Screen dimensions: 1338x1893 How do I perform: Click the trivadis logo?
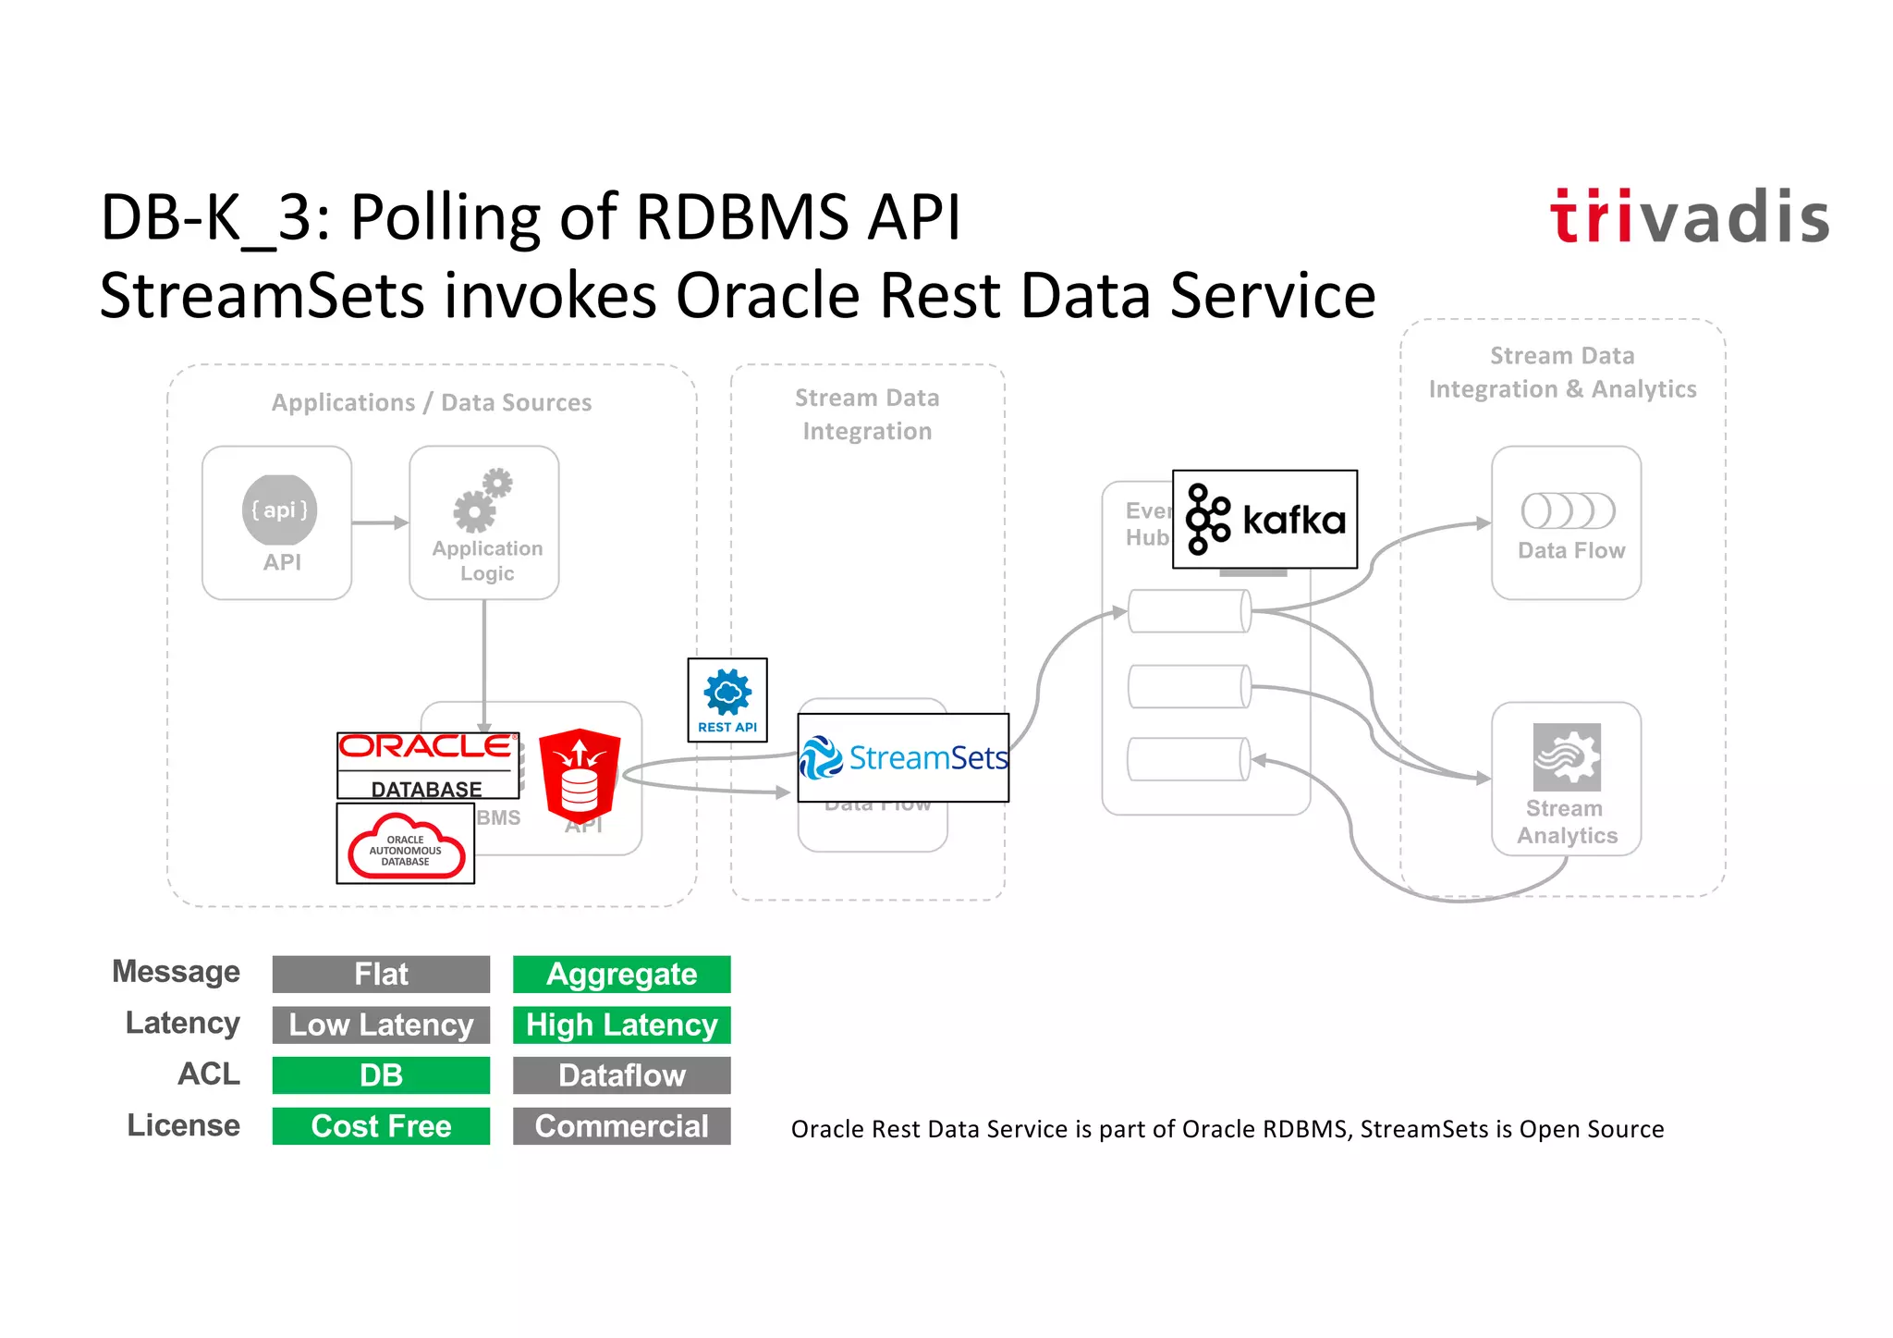coord(1689,216)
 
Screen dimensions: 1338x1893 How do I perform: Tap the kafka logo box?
coord(1264,519)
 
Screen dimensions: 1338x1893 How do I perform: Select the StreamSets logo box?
coord(903,757)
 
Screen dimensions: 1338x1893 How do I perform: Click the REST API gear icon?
coord(727,693)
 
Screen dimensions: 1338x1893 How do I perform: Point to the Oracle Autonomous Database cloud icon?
coord(406,845)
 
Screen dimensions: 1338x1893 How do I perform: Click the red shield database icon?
coord(580,775)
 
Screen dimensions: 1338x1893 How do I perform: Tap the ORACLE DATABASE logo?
coord(427,765)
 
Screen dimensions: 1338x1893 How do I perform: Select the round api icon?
coord(279,510)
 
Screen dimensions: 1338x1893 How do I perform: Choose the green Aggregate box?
coord(621,974)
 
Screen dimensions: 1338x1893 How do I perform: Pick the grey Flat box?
coord(381,974)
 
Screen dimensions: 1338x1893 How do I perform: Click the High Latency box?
coord(621,1025)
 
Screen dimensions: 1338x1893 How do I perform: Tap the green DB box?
coord(381,1074)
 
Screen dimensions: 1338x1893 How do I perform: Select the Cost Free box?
coord(381,1125)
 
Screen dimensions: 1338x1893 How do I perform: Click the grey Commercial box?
coord(621,1125)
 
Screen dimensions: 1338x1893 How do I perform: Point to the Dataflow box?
coord(621,1074)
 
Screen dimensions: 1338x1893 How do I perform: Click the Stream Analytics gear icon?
coord(1566,756)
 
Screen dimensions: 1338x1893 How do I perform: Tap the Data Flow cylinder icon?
coord(1568,510)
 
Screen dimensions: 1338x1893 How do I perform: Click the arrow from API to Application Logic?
coord(380,522)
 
